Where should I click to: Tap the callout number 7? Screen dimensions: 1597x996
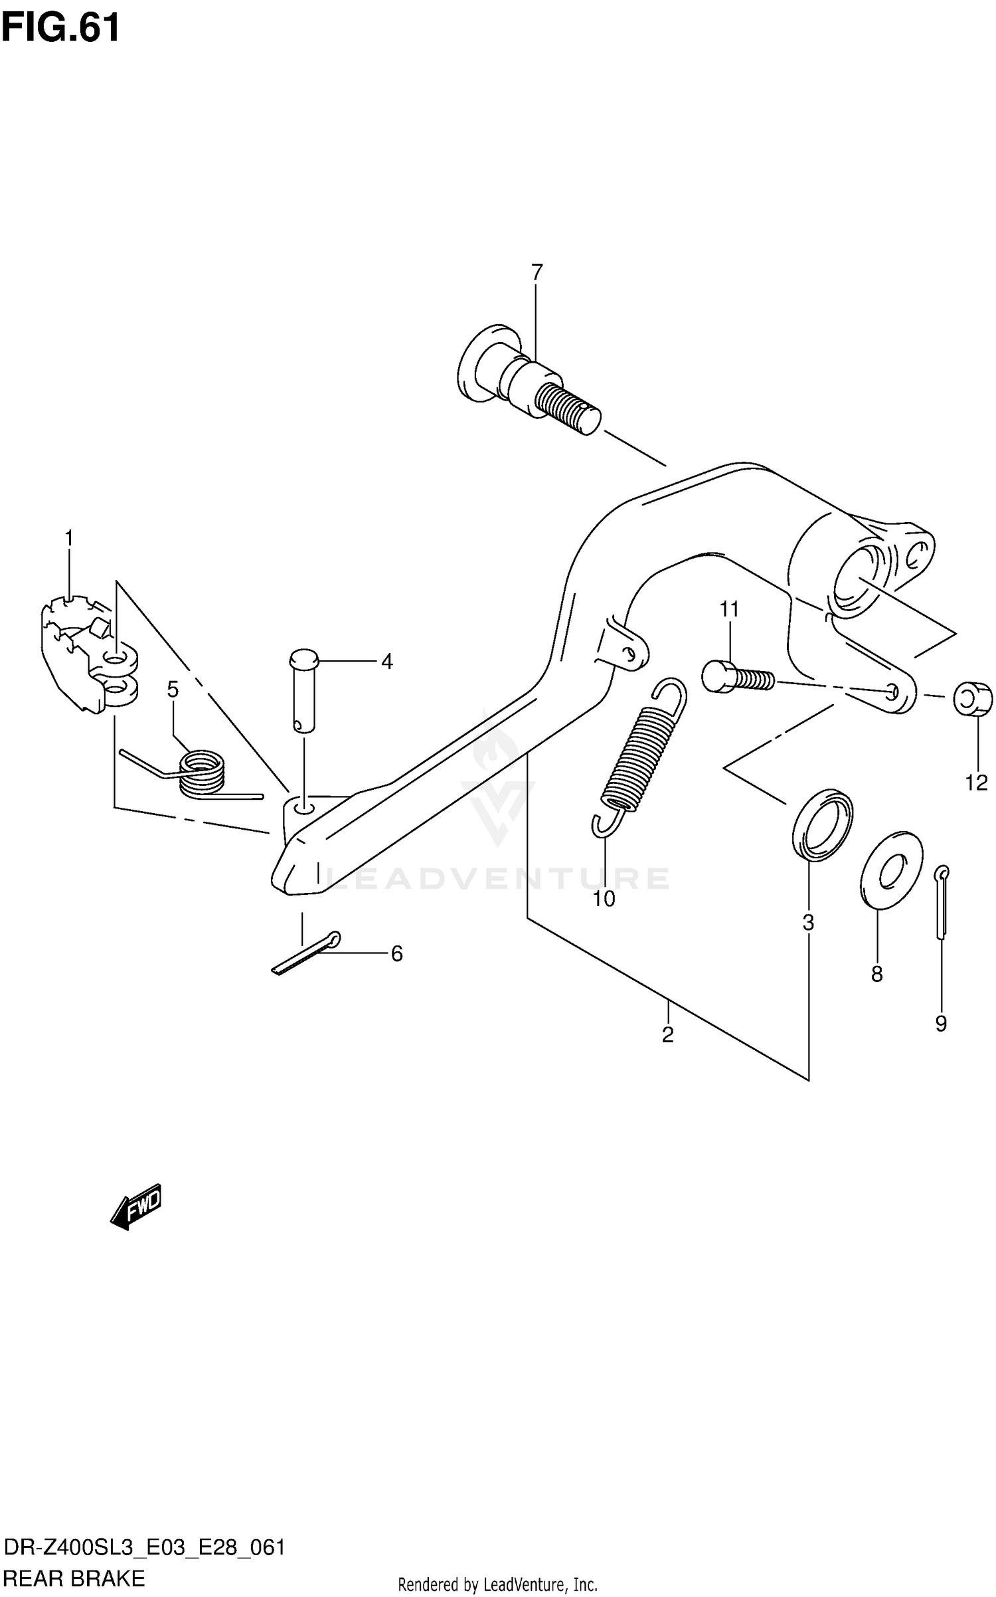pos(537,272)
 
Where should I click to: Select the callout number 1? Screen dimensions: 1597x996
pos(68,538)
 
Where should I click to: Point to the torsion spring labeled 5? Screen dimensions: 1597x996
pos(201,771)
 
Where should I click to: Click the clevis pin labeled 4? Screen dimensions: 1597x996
pos(304,690)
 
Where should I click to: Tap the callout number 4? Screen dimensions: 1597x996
pos(387,662)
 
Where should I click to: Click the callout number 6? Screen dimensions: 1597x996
pos(396,954)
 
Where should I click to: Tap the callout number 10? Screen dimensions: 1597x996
pos(604,899)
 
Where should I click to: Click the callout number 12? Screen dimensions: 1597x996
pos(976,784)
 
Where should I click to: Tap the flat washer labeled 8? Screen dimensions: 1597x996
pos(890,869)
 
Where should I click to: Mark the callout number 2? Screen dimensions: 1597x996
pos(667,1035)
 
